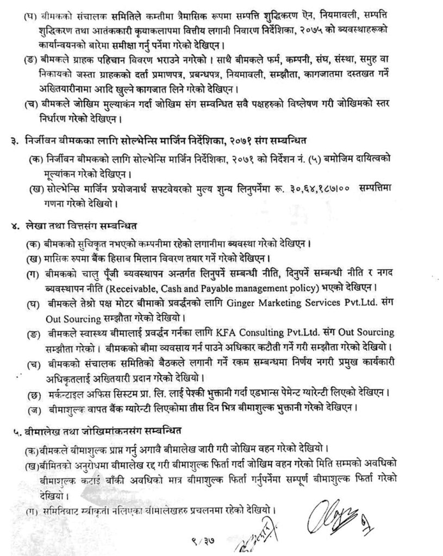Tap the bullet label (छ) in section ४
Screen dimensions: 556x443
(33, 393)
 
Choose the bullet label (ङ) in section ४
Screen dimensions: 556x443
(33, 332)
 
